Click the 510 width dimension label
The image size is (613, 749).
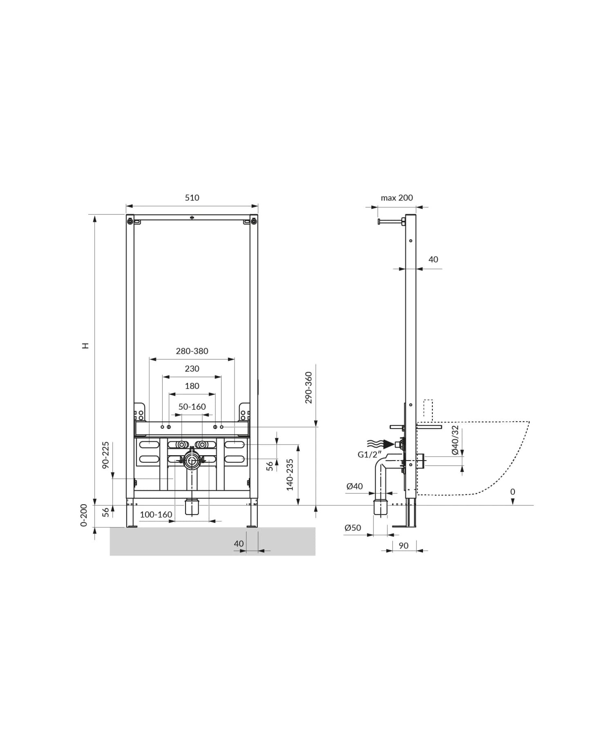192,198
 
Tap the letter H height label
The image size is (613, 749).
85,345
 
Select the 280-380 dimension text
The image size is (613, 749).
192,351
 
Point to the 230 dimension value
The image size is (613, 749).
192,369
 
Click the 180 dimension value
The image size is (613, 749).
192,386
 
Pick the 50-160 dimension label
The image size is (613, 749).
192,407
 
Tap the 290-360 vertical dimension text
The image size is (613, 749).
309,387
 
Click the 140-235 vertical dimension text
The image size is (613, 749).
290,474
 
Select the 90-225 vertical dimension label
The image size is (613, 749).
105,454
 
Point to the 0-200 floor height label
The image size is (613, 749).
83,515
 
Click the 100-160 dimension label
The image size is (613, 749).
156,515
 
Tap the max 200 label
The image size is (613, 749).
396,198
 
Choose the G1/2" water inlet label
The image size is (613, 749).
369,454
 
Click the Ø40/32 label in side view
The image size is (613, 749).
455,440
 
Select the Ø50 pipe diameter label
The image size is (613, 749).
352,528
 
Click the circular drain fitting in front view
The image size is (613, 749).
191,461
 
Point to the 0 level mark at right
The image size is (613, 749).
512,492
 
